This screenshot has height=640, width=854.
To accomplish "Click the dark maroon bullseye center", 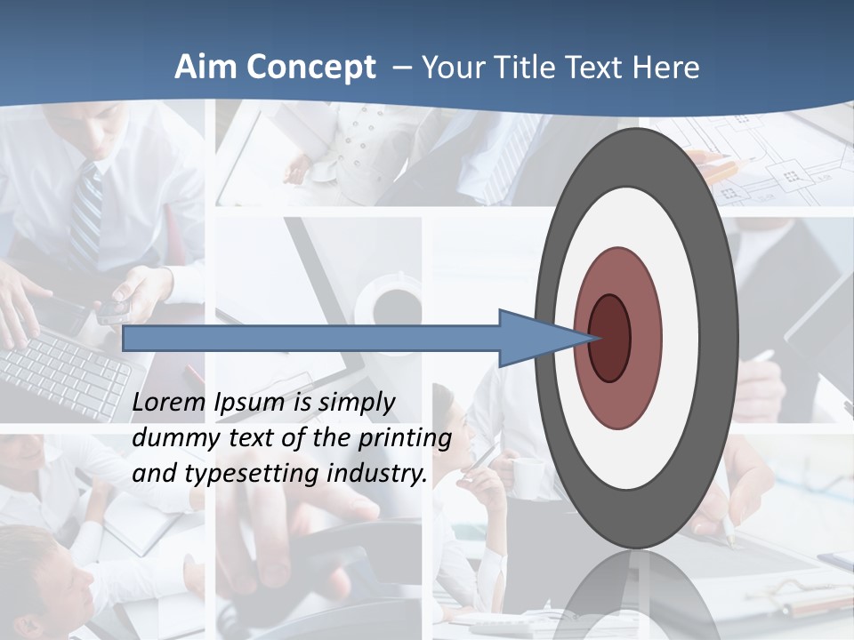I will [610, 338].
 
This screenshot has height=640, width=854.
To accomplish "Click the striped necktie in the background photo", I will [86, 213].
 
